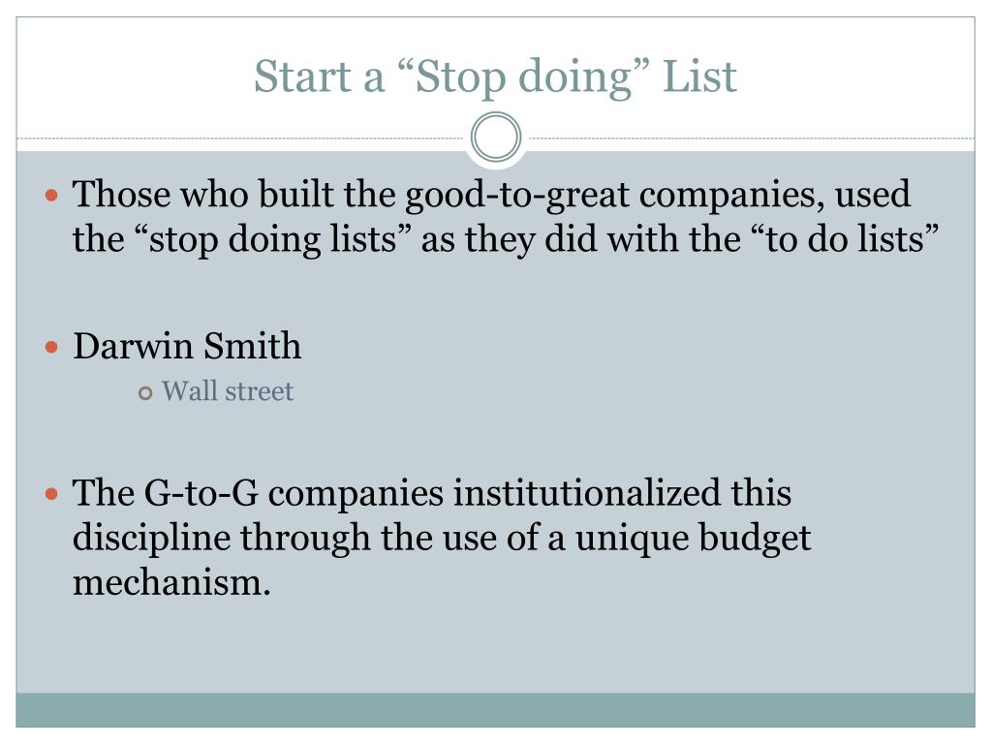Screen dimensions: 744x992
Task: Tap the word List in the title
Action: [x=699, y=77]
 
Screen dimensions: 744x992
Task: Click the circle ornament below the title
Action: [x=496, y=138]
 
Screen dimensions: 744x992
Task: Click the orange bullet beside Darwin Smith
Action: [x=53, y=347]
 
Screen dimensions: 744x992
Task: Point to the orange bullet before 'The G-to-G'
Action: [x=53, y=495]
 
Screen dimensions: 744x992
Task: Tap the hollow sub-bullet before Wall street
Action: [x=145, y=393]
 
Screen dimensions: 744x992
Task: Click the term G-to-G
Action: [x=201, y=493]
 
